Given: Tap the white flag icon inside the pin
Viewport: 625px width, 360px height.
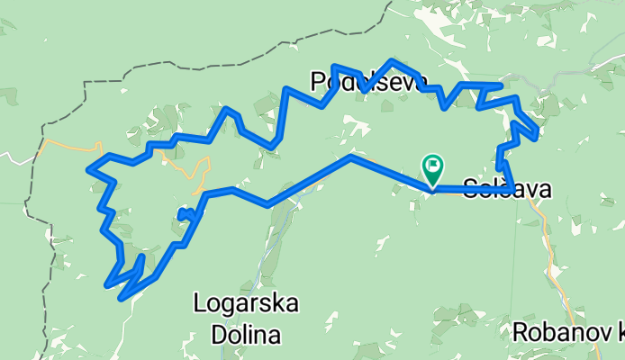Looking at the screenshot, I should pyautogui.click(x=434, y=165).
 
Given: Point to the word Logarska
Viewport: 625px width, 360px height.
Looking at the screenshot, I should pyautogui.click(x=247, y=303).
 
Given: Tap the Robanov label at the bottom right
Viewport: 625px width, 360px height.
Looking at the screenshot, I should pyautogui.click(x=565, y=332).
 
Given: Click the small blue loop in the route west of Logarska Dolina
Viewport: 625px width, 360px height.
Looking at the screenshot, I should pyautogui.click(x=186, y=213).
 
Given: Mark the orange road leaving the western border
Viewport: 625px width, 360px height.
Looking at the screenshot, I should pyautogui.click(x=68, y=144).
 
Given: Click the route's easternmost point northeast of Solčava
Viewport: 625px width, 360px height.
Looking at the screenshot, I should pyautogui.click(x=538, y=134).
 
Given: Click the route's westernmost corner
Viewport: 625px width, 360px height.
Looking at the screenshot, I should pyautogui.click(x=87, y=168).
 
